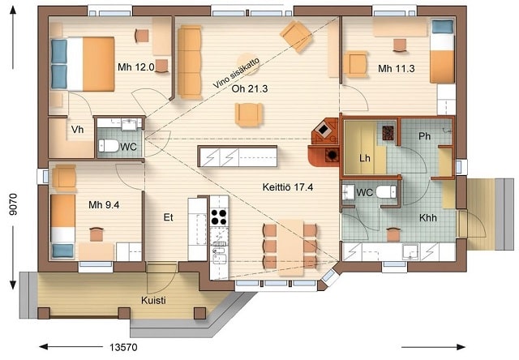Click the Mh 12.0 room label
[136, 67]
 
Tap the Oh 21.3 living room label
[250, 88]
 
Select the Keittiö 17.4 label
[288, 187]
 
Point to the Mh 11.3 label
[397, 68]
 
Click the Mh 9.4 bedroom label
[104, 205]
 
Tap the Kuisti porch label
[153, 301]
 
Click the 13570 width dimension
[123, 347]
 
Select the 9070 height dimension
[13, 204]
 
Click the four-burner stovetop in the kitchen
[219, 217]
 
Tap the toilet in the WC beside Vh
[109, 146]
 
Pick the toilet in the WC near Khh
[386, 192]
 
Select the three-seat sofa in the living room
[190, 62]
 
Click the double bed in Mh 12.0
[83, 64]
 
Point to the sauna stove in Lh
[388, 133]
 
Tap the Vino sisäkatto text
[236, 73]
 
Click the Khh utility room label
[428, 218]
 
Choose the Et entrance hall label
[169, 217]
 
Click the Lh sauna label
[365, 158]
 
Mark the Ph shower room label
[425, 136]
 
